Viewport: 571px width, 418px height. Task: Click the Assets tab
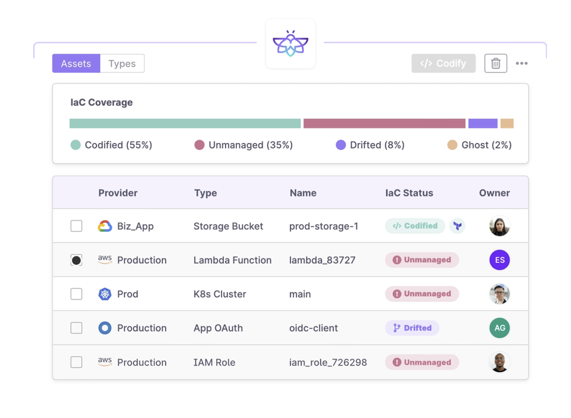(76, 63)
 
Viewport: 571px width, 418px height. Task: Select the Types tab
(122, 63)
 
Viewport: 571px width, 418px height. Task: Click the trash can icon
(496, 63)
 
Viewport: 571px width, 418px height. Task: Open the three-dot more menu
(521, 63)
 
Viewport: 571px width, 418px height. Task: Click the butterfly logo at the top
(291, 44)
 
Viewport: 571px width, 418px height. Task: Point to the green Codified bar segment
(185, 124)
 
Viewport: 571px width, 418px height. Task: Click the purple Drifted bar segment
(482, 124)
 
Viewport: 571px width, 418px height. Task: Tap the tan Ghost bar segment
(507, 124)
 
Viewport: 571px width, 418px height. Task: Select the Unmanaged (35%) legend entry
(244, 145)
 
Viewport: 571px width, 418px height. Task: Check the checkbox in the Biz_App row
(77, 226)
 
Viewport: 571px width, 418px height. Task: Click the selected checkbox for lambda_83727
(77, 260)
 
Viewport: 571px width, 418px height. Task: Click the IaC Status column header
(409, 193)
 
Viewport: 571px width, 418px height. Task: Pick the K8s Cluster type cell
(220, 294)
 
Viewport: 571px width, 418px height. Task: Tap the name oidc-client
(313, 328)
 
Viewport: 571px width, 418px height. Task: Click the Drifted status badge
(412, 328)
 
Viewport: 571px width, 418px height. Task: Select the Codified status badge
(415, 226)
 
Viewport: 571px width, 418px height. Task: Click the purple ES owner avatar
(500, 260)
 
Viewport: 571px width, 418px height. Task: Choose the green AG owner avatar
(500, 328)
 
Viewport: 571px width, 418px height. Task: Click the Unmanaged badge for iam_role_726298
(422, 363)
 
